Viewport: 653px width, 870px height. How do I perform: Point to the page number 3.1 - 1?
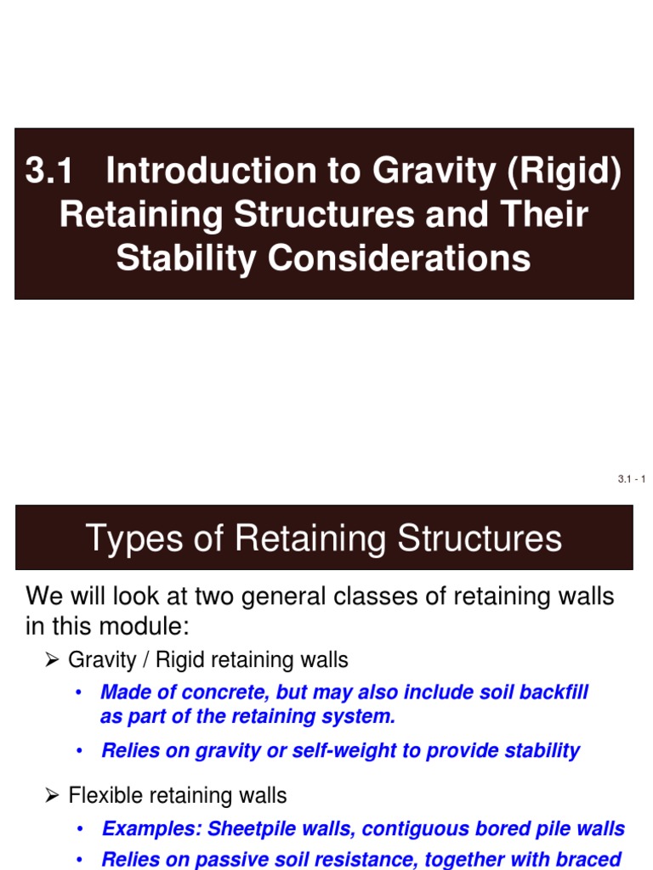[x=632, y=480]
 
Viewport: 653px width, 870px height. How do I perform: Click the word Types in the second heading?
[x=130, y=539]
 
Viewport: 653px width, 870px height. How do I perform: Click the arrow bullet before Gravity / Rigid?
[x=51, y=660]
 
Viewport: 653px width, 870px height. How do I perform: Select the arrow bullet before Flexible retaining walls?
[x=51, y=796]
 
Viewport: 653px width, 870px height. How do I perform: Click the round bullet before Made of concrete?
[x=79, y=692]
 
